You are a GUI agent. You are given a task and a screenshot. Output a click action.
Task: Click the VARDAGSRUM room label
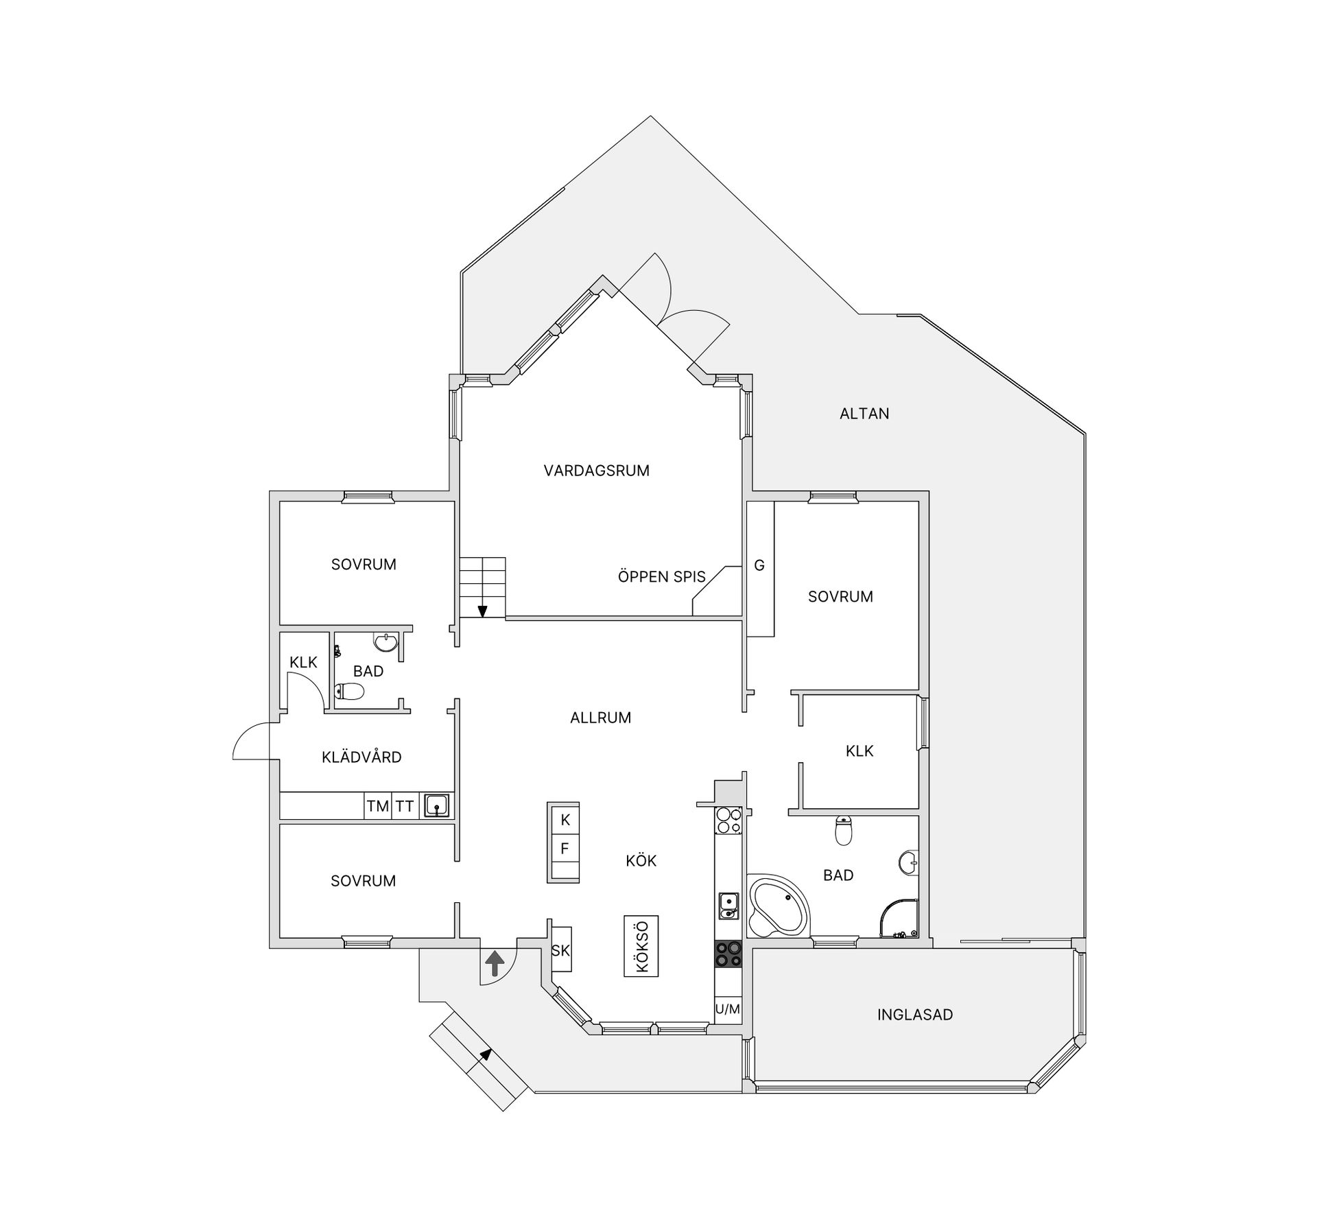596,471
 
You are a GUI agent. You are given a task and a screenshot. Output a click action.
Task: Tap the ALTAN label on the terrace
864,414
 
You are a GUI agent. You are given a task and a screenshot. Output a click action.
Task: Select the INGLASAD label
915,1015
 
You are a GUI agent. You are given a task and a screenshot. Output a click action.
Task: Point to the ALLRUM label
600,718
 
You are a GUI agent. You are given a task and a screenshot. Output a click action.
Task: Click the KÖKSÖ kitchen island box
641,946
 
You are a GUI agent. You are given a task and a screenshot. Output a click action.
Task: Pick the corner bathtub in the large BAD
779,906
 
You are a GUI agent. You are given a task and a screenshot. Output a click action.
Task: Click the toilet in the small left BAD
349,692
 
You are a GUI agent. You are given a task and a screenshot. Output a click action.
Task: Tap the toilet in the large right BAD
844,830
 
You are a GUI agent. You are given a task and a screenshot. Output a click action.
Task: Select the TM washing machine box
377,806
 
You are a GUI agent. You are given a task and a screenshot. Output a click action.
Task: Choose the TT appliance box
404,806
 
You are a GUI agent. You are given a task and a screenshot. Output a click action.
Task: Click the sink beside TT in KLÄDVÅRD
436,805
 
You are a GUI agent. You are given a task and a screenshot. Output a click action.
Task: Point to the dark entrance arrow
494,963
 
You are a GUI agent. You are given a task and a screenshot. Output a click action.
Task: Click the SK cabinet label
560,951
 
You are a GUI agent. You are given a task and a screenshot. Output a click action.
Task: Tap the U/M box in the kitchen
728,1009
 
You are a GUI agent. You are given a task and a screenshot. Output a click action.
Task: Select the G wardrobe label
759,566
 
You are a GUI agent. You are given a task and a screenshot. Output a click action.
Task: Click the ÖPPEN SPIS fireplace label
662,577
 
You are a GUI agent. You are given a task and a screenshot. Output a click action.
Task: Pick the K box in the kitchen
565,820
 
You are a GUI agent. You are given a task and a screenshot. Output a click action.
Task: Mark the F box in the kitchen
565,849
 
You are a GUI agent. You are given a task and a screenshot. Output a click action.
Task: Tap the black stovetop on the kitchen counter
728,954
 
